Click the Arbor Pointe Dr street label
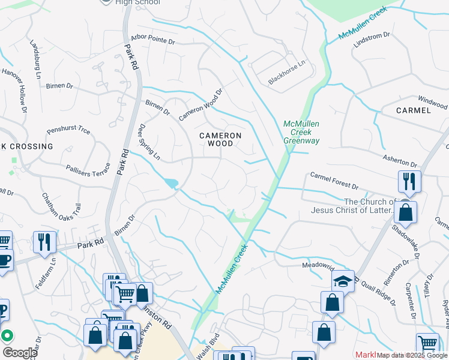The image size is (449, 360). pos(148,41)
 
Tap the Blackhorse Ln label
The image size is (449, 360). pos(287,71)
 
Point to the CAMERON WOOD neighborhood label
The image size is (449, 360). pos(220,139)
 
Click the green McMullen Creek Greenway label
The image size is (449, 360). pos(301,132)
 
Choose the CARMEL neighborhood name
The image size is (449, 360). pos(414,110)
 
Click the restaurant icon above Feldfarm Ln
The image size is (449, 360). pos(44,242)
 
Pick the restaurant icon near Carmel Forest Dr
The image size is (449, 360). pos(409,181)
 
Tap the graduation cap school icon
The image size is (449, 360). pos(343,281)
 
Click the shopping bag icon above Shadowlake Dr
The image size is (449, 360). pos(406,213)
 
